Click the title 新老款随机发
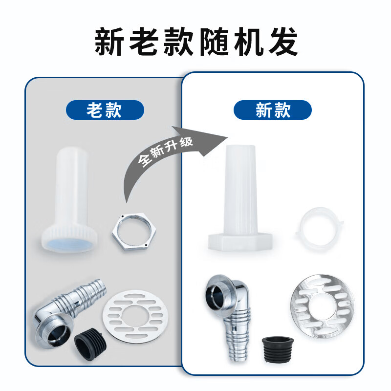click(x=195, y=43)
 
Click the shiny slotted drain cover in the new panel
click(x=322, y=306)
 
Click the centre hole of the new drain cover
click(x=323, y=305)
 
